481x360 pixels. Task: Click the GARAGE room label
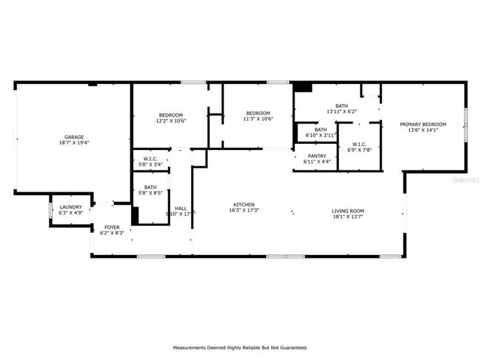74,137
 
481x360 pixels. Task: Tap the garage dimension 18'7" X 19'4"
74,143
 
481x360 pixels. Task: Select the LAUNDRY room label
71,207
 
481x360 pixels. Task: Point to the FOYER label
112,227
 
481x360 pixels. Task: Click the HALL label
181,209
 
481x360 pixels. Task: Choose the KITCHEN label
244,205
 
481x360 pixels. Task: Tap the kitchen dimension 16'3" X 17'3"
244,211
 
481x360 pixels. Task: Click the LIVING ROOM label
348,211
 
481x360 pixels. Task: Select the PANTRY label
317,155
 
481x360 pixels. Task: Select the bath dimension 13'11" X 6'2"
341,111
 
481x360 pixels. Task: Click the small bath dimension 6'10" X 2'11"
320,136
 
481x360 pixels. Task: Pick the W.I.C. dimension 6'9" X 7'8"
359,150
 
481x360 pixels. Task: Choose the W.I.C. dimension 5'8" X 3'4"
151,164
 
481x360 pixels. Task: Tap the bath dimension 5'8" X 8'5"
150,193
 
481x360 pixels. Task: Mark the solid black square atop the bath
302,87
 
